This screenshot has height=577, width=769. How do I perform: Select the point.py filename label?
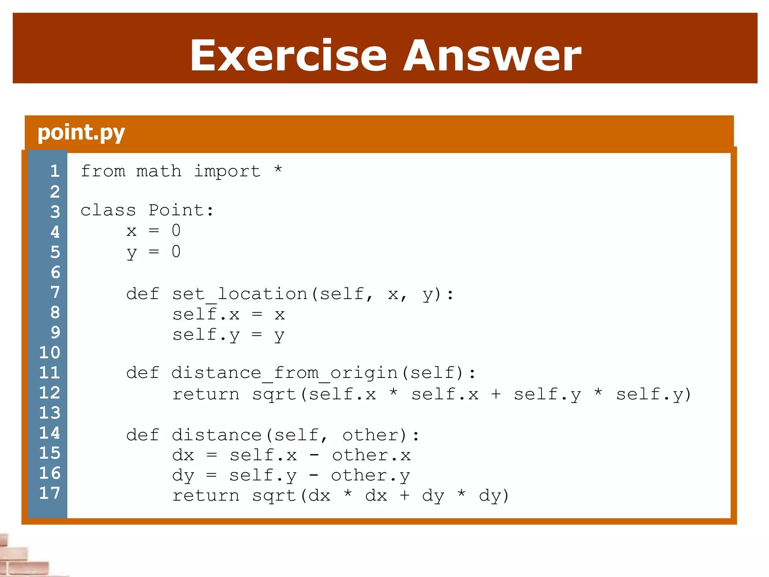[x=81, y=133]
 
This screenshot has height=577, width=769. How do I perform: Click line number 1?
[x=55, y=171]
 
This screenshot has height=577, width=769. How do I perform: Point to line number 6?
[x=55, y=272]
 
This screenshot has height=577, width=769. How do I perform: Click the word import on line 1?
[x=227, y=171]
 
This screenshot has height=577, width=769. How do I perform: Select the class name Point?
[x=176, y=210]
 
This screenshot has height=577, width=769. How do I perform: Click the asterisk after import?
[x=278, y=169]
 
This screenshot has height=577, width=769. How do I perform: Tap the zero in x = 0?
[x=176, y=230]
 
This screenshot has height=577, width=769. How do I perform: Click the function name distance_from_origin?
[x=284, y=373]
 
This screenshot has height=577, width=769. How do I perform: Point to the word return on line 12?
[x=206, y=394]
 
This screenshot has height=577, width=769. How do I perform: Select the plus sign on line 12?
[x=496, y=394]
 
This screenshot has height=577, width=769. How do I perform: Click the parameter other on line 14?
[x=369, y=435]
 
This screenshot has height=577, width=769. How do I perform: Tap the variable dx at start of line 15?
[x=183, y=455]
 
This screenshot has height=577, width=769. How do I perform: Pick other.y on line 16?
[x=370, y=476]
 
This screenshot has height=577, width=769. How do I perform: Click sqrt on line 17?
[x=274, y=496]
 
